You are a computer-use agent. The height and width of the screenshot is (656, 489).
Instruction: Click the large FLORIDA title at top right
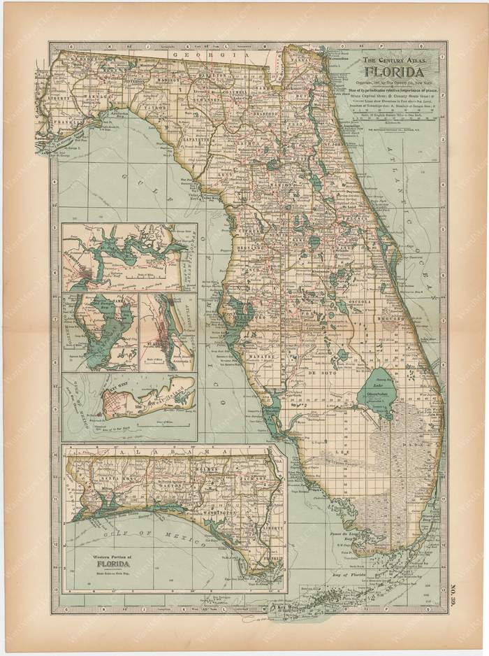click(397, 72)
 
